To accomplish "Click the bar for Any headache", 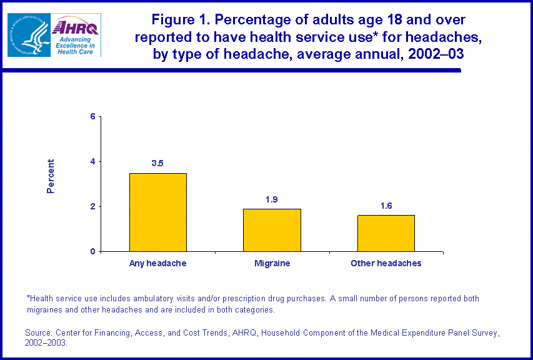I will [157, 212].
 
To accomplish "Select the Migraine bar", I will [272, 230].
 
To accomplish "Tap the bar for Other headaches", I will [386, 233].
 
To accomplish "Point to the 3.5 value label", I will [157, 164].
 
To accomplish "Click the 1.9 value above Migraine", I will [271, 199].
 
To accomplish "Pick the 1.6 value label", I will [386, 206].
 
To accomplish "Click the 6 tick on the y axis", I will [92, 117].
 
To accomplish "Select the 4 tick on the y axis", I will [92, 162].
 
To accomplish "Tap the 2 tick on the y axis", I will [92, 207].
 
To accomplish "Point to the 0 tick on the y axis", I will [92, 252].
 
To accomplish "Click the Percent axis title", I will [51, 176].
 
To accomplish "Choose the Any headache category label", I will [157, 264].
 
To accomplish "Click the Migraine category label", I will [272, 264].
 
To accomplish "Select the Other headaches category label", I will [386, 264].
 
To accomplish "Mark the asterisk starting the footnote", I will [28, 298].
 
